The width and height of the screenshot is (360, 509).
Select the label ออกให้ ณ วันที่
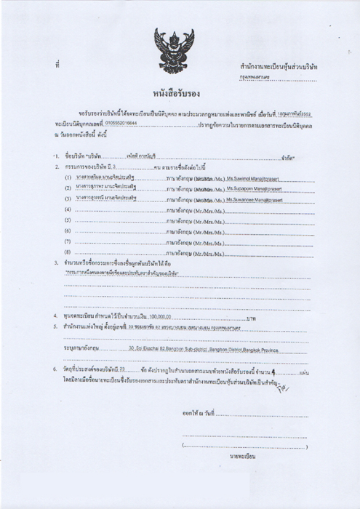point(199,412)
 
